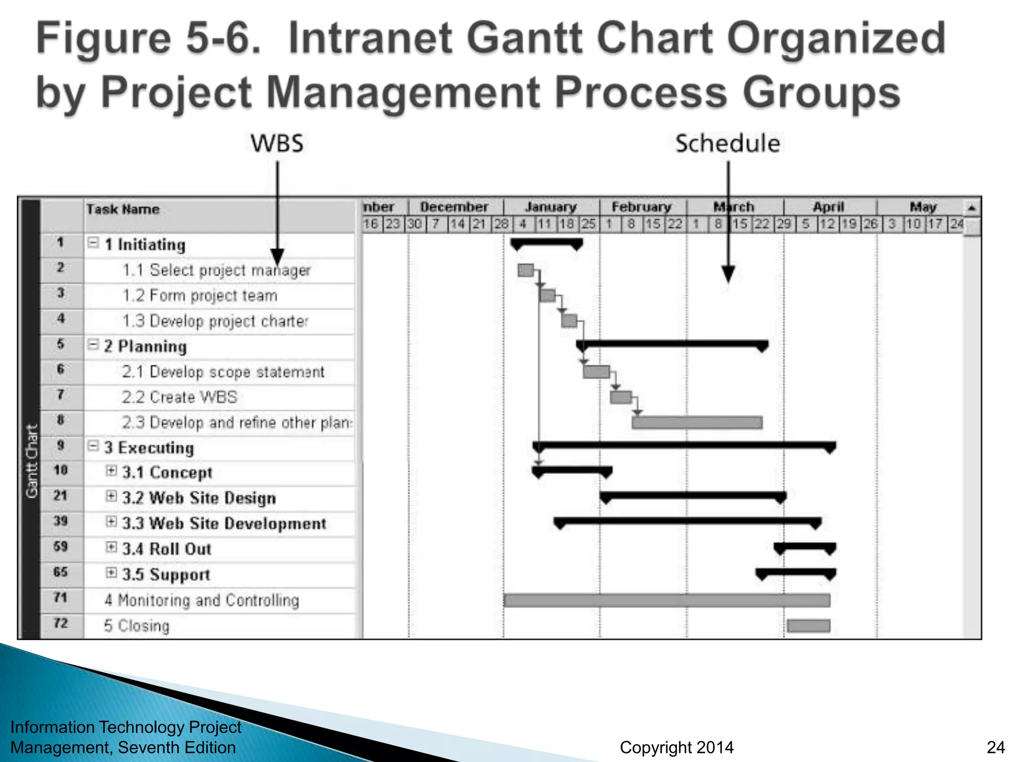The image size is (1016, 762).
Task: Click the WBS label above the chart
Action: click(277, 143)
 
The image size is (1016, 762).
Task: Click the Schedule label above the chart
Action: click(727, 143)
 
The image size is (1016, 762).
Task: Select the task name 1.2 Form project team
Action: click(200, 296)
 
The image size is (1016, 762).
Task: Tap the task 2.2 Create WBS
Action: click(180, 397)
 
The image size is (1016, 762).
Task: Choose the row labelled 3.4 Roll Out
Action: click(167, 549)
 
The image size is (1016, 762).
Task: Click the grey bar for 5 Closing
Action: click(808, 626)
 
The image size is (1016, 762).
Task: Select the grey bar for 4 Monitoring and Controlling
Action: click(666, 600)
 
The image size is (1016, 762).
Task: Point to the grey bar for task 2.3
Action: click(697, 423)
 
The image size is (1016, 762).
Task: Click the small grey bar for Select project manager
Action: click(525, 270)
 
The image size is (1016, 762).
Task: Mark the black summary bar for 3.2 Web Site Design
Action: click(693, 496)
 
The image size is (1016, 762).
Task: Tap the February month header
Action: click(641, 206)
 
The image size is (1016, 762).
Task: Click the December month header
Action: click(454, 206)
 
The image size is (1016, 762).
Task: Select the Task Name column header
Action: click(123, 209)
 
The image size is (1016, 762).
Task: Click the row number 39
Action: click(61, 521)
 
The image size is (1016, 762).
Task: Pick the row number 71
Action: click(61, 597)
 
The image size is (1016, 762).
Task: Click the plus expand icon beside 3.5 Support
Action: click(112, 573)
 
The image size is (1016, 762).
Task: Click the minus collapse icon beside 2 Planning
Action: click(93, 344)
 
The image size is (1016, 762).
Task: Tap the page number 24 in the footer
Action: click(996, 747)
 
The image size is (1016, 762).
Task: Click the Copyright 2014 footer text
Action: click(676, 747)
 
